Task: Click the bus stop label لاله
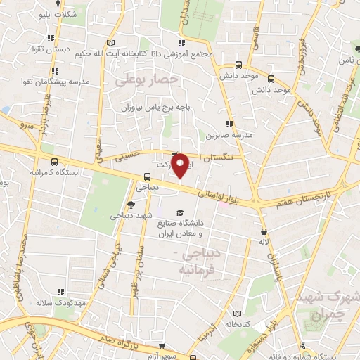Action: (264, 241)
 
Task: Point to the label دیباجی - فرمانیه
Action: (200, 260)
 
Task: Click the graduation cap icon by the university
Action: (181, 212)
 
